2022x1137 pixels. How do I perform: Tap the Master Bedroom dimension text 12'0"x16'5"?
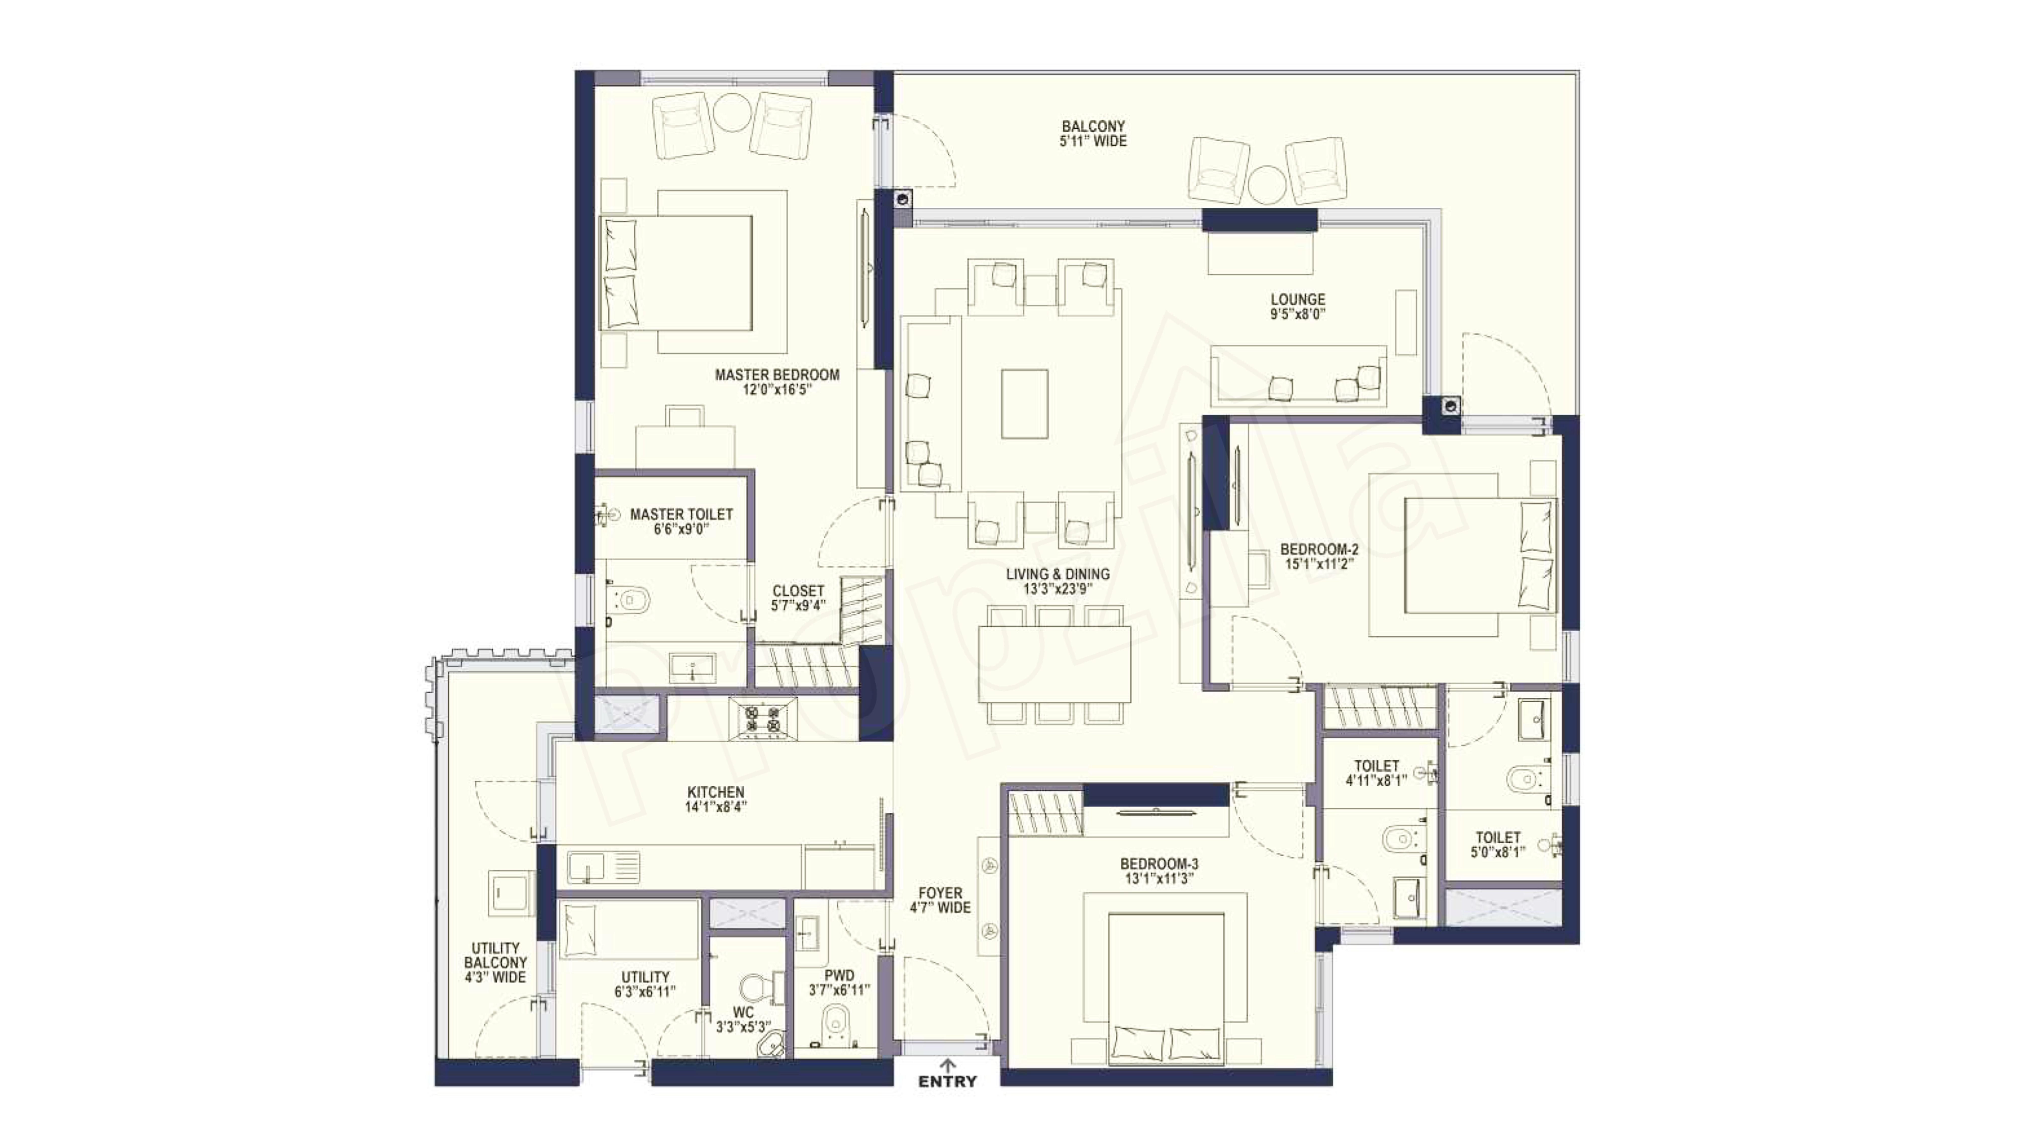click(x=776, y=389)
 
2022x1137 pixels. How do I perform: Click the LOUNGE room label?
click(x=1298, y=300)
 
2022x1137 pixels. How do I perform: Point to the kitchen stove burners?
click(x=762, y=719)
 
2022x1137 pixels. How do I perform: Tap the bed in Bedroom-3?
click(x=1166, y=989)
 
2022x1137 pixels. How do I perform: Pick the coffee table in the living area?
click(x=1024, y=404)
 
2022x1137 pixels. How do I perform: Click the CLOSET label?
click(x=798, y=591)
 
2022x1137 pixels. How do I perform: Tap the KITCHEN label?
click(x=715, y=793)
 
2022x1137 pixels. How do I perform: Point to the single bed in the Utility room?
click(x=628, y=930)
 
